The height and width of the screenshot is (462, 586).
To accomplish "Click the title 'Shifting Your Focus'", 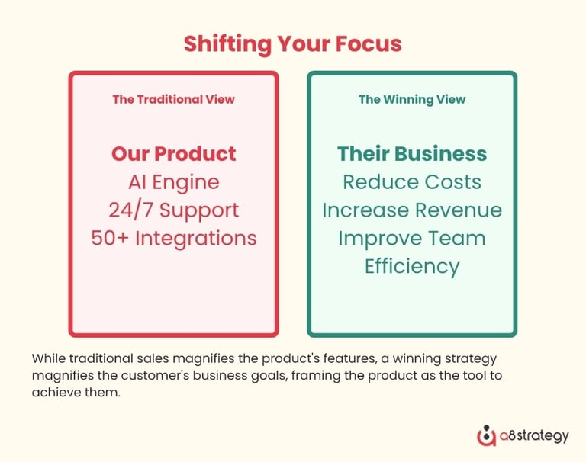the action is click(x=293, y=44).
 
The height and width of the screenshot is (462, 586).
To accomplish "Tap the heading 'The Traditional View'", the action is click(x=173, y=99).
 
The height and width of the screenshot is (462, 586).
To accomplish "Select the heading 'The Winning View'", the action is click(x=412, y=100).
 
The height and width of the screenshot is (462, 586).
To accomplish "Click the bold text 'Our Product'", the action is click(x=173, y=153).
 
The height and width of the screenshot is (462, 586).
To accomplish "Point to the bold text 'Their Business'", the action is click(x=412, y=153).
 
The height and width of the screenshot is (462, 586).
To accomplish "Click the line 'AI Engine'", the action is click(x=174, y=183).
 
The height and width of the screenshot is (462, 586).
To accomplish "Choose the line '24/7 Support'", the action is click(x=174, y=210).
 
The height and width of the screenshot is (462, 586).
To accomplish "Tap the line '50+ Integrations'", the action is click(x=174, y=239).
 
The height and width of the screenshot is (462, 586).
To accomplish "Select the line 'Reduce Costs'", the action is click(x=412, y=182).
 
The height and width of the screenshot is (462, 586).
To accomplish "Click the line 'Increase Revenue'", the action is click(x=412, y=210).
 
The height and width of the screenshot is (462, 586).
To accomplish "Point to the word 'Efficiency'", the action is click(x=412, y=267).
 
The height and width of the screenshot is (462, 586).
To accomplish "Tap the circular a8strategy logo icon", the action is click(x=486, y=436).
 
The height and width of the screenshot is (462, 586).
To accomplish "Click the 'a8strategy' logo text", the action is click(x=534, y=436).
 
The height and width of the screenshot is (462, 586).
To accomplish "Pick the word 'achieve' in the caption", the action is click(x=53, y=392).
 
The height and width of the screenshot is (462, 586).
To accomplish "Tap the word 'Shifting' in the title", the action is click(x=227, y=44).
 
